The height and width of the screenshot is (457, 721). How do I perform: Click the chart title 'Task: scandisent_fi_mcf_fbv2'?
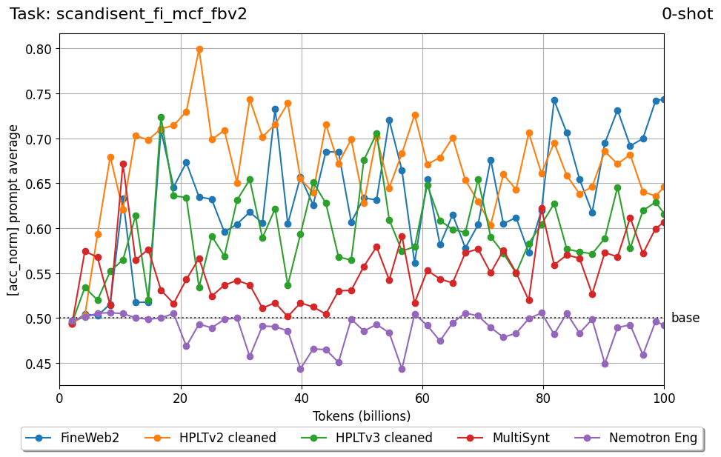click(128, 14)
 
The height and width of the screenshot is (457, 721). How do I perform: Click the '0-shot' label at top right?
click(687, 14)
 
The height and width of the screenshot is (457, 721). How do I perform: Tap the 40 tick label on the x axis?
click(302, 398)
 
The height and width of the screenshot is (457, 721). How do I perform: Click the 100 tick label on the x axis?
click(663, 398)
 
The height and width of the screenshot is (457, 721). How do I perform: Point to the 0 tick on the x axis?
click(60, 398)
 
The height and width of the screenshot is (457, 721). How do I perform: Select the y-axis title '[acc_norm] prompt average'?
click(13, 210)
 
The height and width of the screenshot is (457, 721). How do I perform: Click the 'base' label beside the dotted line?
click(685, 318)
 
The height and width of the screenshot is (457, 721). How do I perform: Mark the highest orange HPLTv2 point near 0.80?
click(199, 50)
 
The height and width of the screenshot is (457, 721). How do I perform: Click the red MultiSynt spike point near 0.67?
click(123, 164)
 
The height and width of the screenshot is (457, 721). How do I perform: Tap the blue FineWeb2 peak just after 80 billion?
click(554, 100)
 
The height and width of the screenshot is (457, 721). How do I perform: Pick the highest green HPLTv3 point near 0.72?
click(161, 117)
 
